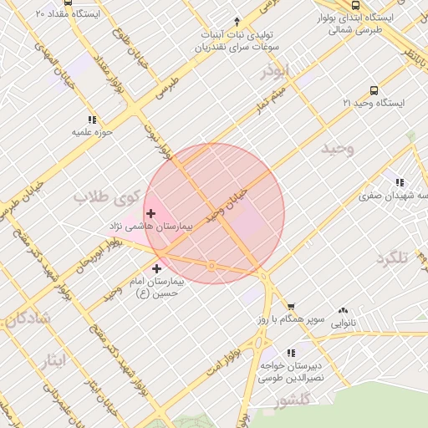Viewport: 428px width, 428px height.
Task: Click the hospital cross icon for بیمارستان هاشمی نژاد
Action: pyautogui.click(x=150, y=214)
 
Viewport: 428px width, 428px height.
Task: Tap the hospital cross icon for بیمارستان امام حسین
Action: pyautogui.click(x=156, y=267)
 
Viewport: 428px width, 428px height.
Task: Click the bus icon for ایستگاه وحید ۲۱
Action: pyautogui.click(x=373, y=91)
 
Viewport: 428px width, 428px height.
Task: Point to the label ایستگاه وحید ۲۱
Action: pyautogui.click(x=373, y=103)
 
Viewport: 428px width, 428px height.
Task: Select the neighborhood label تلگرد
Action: pyautogui.click(x=391, y=257)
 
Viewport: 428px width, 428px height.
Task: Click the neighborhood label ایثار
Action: pyautogui.click(x=53, y=360)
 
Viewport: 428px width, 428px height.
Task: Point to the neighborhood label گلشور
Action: pyautogui.click(x=292, y=400)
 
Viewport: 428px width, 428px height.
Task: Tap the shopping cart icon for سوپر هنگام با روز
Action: pyautogui.click(x=291, y=307)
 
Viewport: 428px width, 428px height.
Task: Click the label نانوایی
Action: pyautogui.click(x=343, y=322)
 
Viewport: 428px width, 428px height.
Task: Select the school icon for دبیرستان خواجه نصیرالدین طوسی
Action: pyautogui.click(x=291, y=353)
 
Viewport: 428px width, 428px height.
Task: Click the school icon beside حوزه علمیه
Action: pyautogui.click(x=91, y=120)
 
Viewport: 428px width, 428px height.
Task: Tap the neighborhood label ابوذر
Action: pyautogui.click(x=273, y=70)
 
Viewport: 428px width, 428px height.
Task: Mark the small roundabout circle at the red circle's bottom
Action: pyautogui.click(x=212, y=266)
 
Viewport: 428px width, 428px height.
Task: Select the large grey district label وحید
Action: pyautogui.click(x=338, y=149)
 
